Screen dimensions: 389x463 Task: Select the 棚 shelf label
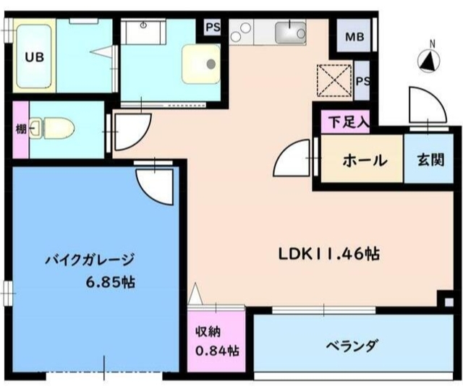tap(21, 130)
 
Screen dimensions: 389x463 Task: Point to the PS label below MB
tap(362, 81)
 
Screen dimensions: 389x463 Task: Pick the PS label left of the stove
tap(213, 28)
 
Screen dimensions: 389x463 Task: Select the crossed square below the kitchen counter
tap(335, 80)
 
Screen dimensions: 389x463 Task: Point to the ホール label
tap(364, 161)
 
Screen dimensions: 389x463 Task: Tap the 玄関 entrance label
tap(430, 161)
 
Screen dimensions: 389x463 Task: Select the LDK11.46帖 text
tap(330, 254)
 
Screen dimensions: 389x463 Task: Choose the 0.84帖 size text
tap(216, 352)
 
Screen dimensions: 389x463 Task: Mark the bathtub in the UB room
tap(34, 57)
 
